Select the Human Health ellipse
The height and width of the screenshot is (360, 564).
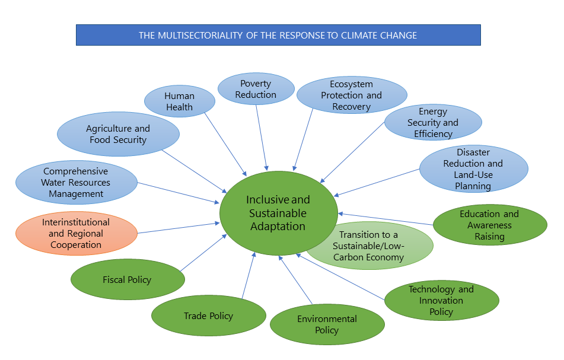coord(179,101)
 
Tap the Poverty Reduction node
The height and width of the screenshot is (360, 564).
coord(256,89)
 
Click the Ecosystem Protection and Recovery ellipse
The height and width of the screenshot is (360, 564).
coord(351,95)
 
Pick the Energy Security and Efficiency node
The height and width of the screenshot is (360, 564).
coord(432,123)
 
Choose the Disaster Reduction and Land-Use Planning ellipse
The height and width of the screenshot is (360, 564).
coord(473,169)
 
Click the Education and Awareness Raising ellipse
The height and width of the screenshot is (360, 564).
coord(489,225)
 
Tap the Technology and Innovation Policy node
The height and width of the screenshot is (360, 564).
coord(441,301)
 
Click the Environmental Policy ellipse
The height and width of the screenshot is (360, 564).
coord(327,324)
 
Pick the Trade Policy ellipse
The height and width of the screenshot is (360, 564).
coord(208,316)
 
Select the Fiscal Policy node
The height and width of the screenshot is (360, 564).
coord(127,279)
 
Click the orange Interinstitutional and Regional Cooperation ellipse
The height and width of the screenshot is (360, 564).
coord(76,234)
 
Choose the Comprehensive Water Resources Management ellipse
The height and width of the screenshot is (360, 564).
coord(76,182)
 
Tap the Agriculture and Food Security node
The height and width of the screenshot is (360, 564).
coord(118,134)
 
